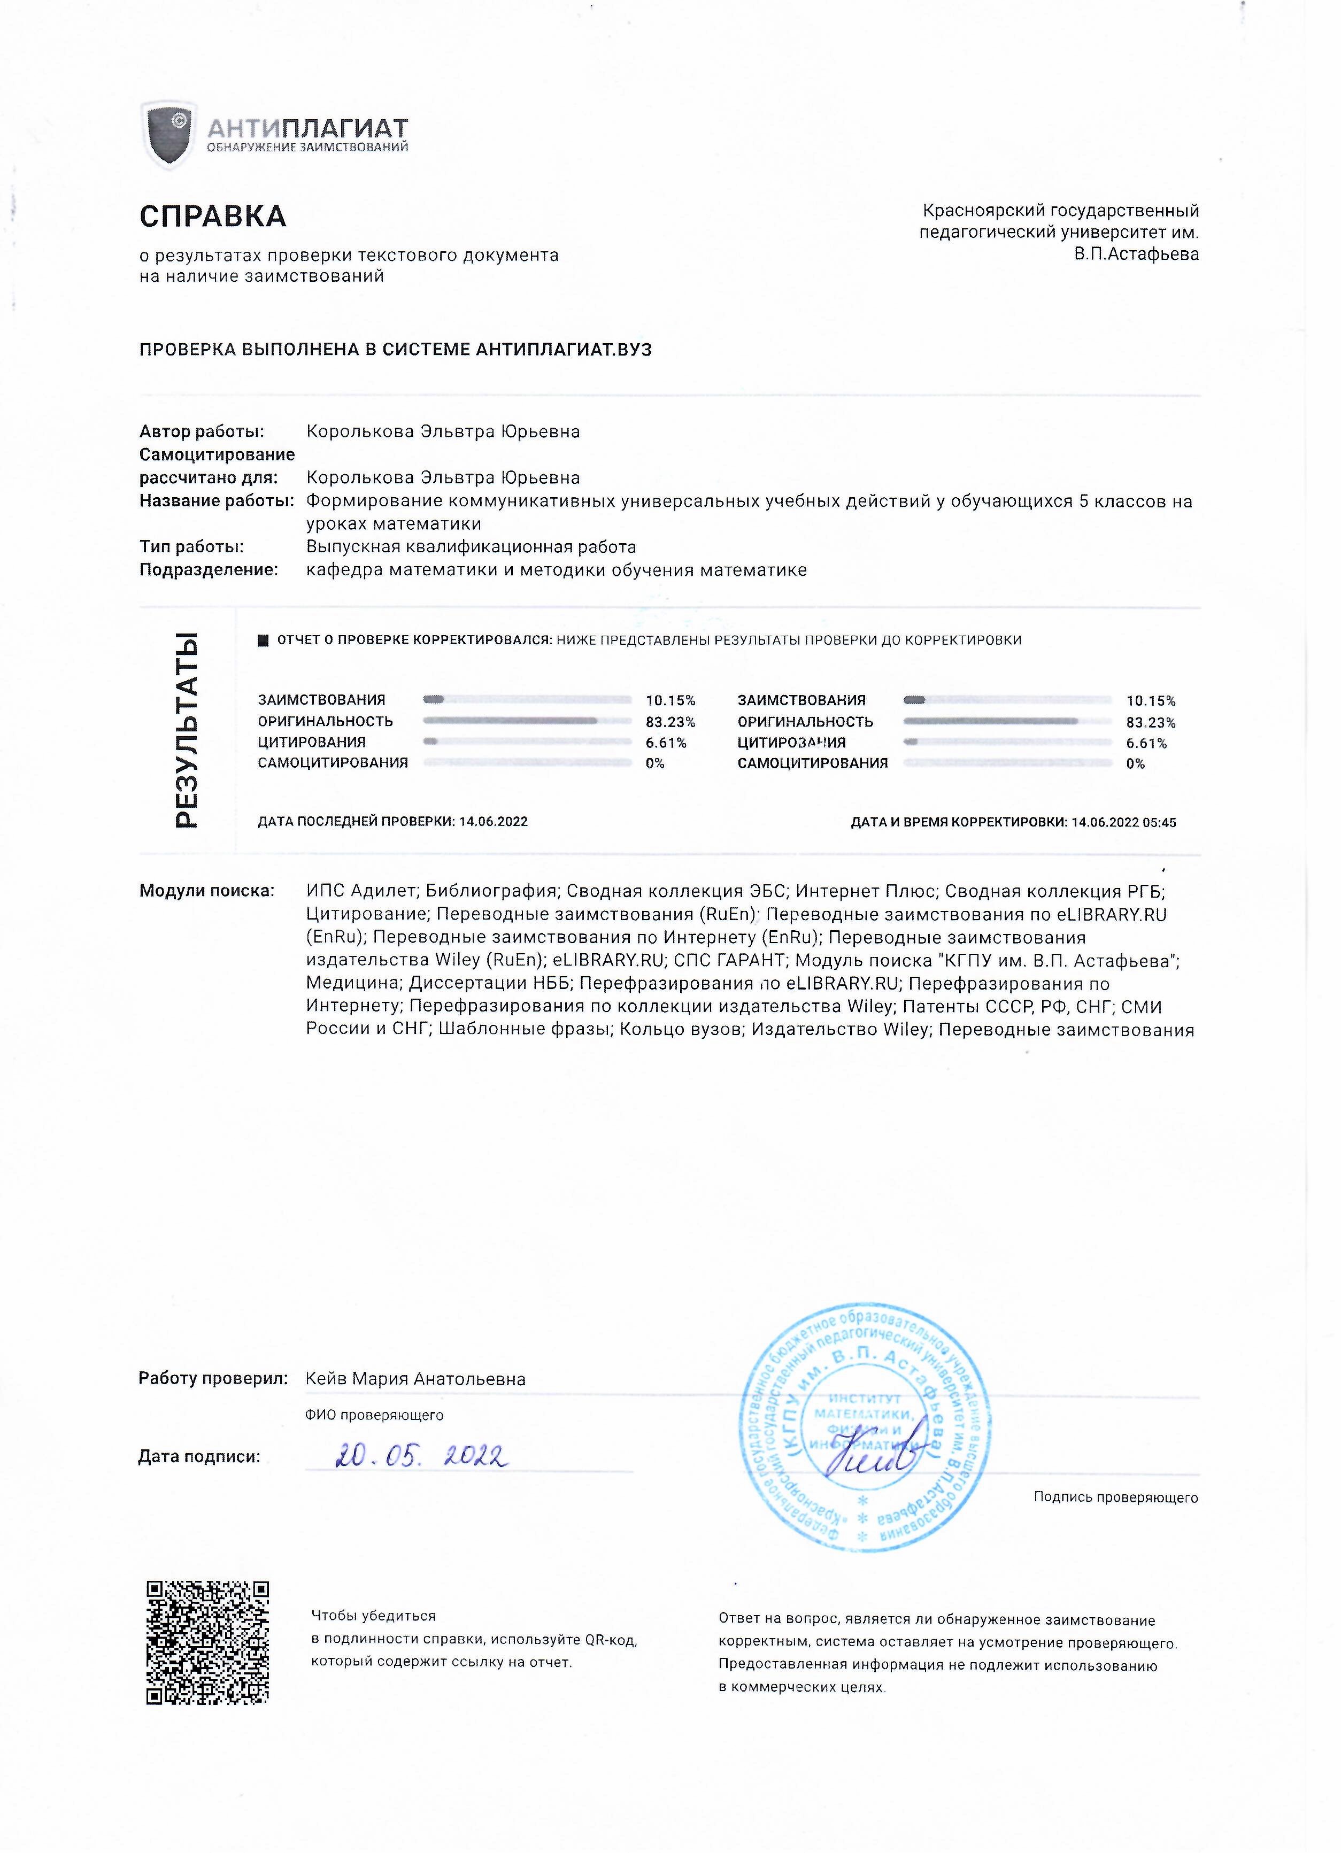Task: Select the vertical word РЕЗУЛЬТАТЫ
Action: coord(187,730)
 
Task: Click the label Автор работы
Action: coord(201,431)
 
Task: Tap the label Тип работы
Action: coord(191,546)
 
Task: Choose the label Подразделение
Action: coord(209,569)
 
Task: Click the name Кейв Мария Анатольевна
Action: coord(415,1379)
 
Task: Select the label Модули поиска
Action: coord(206,891)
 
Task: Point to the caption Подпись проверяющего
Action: coord(1115,1497)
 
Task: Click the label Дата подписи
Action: coord(198,1456)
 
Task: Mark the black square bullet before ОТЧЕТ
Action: coord(263,640)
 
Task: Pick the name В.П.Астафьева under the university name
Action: coord(1136,254)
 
